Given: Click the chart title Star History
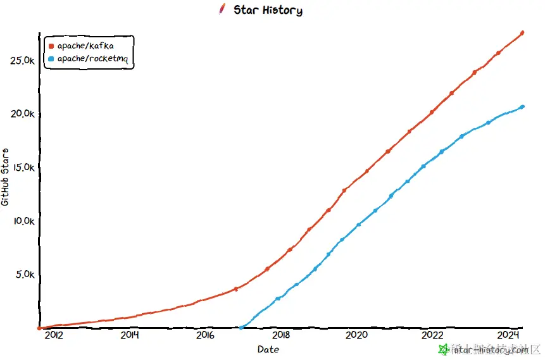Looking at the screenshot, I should coord(268,10).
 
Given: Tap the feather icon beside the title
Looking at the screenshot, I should coord(222,9).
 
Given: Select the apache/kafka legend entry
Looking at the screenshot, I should coord(85,46).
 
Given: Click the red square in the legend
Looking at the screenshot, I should coord(51,46).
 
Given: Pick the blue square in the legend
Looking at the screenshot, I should coord(51,59).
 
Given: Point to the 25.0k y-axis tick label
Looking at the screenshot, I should coord(23,61).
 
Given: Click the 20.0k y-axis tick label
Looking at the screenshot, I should coord(23,114).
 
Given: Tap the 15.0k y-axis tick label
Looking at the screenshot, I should coord(23,168).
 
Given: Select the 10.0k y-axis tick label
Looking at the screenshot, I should coord(23,221).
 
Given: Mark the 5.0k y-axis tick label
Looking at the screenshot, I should coord(25,275).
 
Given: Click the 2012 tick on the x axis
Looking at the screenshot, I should coord(53,335).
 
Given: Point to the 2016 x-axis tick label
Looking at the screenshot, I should coord(205,335).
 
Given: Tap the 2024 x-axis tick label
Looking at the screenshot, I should coord(508,335).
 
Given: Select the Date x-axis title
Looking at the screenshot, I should coord(268,349).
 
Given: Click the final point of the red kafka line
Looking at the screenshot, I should coord(522,33).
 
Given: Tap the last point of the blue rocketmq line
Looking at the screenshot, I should coord(522,106).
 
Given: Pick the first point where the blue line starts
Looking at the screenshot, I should coord(241,327).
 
